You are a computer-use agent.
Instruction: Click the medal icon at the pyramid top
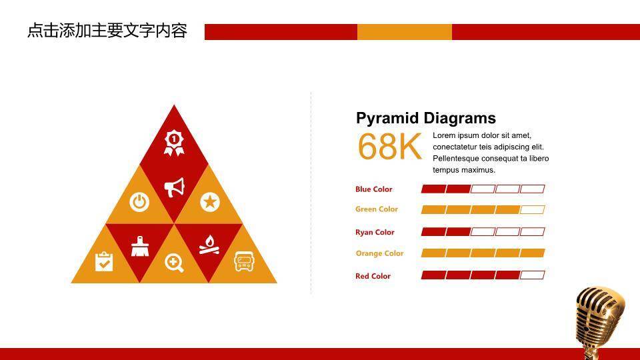pyautogui.click(x=174, y=143)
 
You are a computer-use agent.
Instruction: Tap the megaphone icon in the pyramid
pyautogui.click(x=174, y=187)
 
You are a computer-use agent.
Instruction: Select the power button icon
pyautogui.click(x=139, y=202)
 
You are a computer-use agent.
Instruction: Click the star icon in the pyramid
pyautogui.click(x=210, y=201)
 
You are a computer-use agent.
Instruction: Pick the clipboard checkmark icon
pyautogui.click(x=104, y=261)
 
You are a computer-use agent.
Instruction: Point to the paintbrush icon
pyautogui.click(x=140, y=247)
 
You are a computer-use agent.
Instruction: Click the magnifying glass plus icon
pyautogui.click(x=174, y=263)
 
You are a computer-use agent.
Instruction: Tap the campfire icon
pyautogui.click(x=209, y=245)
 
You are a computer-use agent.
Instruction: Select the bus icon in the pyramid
pyautogui.click(x=244, y=261)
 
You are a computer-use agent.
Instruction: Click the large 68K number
pyautogui.click(x=389, y=147)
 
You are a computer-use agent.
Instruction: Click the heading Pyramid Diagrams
pyautogui.click(x=426, y=118)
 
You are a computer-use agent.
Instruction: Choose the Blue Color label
pyautogui.click(x=373, y=189)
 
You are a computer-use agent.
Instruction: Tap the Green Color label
pyautogui.click(x=376, y=209)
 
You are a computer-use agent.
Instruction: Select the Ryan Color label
pyautogui.click(x=375, y=232)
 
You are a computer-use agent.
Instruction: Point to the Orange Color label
pyautogui.click(x=379, y=253)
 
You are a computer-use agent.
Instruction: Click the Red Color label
pyautogui.click(x=373, y=276)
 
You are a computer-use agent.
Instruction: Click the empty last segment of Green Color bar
pyautogui.click(x=532, y=210)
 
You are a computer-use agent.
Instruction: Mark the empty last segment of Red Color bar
pyautogui.click(x=532, y=275)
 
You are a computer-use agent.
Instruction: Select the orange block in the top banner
pyautogui.click(x=405, y=32)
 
